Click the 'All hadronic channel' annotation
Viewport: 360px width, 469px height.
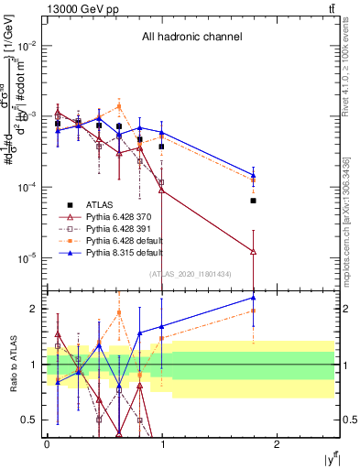(191, 37)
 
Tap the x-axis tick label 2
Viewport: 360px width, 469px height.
(277, 443)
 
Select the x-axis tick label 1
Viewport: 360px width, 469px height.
(162, 443)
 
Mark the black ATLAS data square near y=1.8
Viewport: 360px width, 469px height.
(253, 200)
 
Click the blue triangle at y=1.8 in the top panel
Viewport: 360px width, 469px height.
(253, 174)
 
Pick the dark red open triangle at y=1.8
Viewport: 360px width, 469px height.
(253, 251)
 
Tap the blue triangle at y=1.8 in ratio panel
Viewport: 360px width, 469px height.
(253, 297)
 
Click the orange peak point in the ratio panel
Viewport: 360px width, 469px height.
(119, 312)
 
